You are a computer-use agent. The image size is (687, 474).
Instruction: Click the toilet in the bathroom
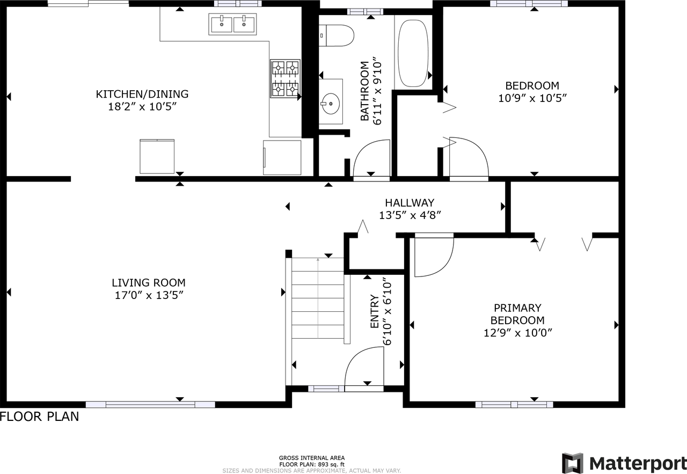[x=336, y=35]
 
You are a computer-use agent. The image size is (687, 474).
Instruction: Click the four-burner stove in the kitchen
[x=285, y=79]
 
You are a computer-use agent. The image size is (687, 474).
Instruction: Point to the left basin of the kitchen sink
[x=221, y=25]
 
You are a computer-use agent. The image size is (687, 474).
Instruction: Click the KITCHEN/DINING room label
[x=142, y=94]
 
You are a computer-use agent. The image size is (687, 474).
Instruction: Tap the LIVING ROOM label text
[x=149, y=282]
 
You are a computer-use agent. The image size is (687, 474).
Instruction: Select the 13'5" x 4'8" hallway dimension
[x=410, y=215]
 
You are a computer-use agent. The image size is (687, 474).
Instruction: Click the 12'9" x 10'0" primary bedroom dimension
[x=518, y=333]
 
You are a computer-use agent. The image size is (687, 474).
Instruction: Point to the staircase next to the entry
[x=318, y=298]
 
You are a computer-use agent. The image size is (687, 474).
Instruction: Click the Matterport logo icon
[x=572, y=463]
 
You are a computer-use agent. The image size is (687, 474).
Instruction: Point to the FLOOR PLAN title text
[x=40, y=417]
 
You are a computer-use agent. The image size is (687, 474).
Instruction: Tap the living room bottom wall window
[x=150, y=405]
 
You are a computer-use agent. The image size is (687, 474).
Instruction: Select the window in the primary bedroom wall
[x=514, y=405]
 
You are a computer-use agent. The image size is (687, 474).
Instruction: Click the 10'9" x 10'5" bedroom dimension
[x=532, y=98]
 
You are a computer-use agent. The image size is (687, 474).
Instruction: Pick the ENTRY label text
[x=375, y=311]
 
